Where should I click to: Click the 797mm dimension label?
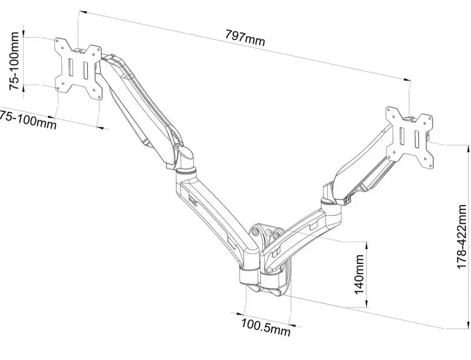[246, 39]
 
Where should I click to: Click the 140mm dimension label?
[360, 275]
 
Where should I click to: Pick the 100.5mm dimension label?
[265, 327]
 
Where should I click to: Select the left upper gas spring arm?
[138, 106]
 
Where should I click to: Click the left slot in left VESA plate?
[70, 67]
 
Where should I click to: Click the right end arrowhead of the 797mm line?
[406, 79]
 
